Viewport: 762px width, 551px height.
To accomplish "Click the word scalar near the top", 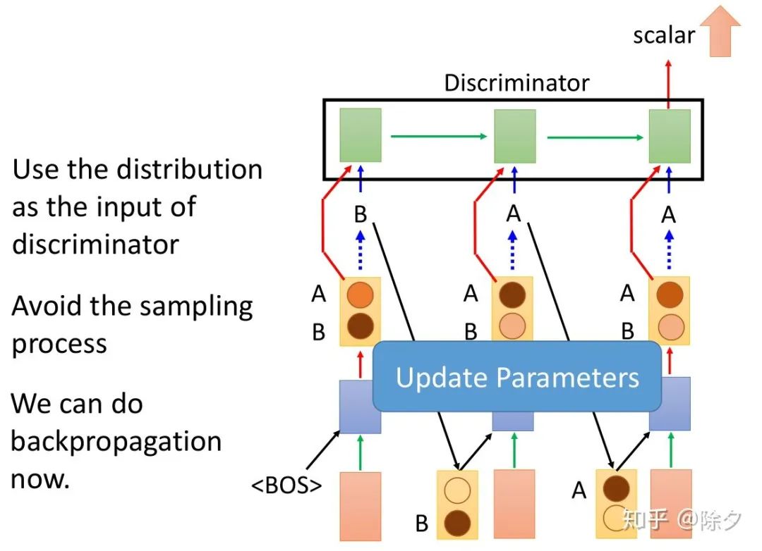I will click(x=663, y=35).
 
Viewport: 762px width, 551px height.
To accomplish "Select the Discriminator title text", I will click(x=516, y=83).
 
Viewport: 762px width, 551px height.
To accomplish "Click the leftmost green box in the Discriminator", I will click(x=361, y=135).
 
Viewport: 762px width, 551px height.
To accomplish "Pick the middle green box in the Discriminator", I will click(x=514, y=136).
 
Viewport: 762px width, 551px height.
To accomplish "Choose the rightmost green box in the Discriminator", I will click(x=670, y=136).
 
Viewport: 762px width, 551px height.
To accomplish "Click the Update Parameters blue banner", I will click(x=517, y=377).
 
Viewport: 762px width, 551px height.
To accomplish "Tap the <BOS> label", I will click(x=286, y=485).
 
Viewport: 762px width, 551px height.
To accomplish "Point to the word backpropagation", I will click(x=116, y=442).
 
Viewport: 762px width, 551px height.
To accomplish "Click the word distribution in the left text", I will click(x=189, y=169).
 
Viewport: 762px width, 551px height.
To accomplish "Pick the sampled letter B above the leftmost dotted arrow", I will click(x=361, y=215).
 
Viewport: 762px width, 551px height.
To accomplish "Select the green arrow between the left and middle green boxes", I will click(x=437, y=136).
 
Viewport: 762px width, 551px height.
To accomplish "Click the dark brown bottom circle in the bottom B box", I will click(x=457, y=523).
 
